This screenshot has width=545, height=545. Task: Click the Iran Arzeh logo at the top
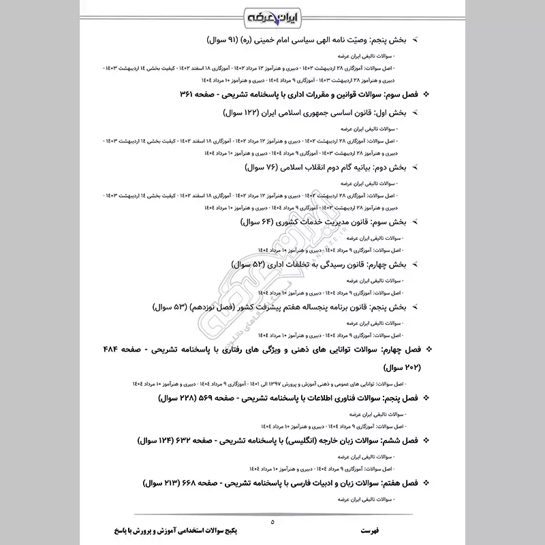(272, 14)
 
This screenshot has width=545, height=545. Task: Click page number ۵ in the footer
(272, 523)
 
